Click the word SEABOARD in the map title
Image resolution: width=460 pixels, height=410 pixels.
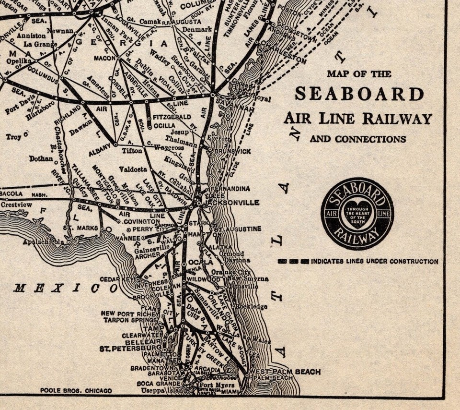pos(359,94)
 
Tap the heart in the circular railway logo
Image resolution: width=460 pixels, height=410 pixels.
pos(357,215)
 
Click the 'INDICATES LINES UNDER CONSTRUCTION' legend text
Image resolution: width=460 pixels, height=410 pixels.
pos(374,262)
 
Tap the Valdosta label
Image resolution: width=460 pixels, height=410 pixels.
pos(133,169)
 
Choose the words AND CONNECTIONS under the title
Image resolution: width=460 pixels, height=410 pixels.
pos(357,139)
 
